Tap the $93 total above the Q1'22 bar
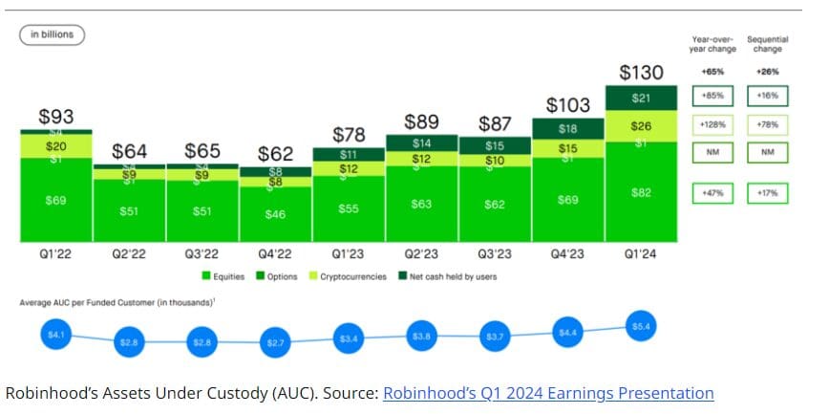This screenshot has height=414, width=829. pyautogui.click(x=56, y=117)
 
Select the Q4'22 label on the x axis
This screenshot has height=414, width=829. pyautogui.click(x=275, y=254)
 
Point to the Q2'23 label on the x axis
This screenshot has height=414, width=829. pyautogui.click(x=422, y=254)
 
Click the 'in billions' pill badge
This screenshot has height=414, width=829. pyautogui.click(x=53, y=34)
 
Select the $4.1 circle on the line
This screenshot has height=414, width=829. pyautogui.click(x=56, y=334)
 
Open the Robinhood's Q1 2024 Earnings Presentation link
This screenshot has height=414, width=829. pyautogui.click(x=547, y=393)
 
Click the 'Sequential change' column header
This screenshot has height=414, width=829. pyautogui.click(x=767, y=44)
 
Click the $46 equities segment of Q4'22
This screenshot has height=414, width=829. pyautogui.click(x=275, y=214)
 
